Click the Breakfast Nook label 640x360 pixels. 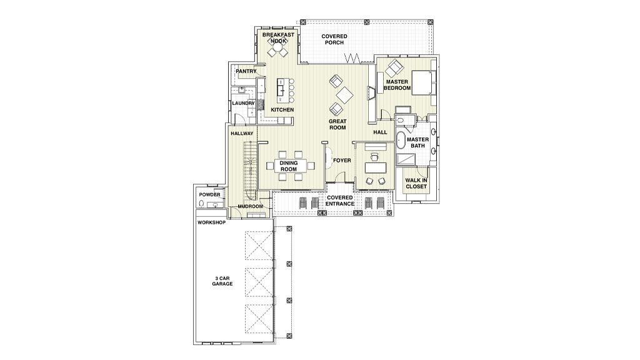click(278, 38)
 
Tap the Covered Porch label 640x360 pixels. click(334, 39)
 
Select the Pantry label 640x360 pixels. click(246, 71)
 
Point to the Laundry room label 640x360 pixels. click(243, 103)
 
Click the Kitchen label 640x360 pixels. click(282, 110)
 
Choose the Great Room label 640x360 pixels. click(337, 124)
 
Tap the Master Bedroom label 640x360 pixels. click(397, 85)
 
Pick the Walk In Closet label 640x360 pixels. click(416, 183)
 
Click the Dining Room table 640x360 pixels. click(289, 166)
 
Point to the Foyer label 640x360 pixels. click(342, 161)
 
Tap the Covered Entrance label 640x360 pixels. click(339, 201)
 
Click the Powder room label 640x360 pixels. click(210, 195)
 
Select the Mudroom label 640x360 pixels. click(250, 206)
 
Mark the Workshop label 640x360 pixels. click(211, 223)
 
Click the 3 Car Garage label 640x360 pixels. click(222, 281)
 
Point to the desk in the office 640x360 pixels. click(376, 167)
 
